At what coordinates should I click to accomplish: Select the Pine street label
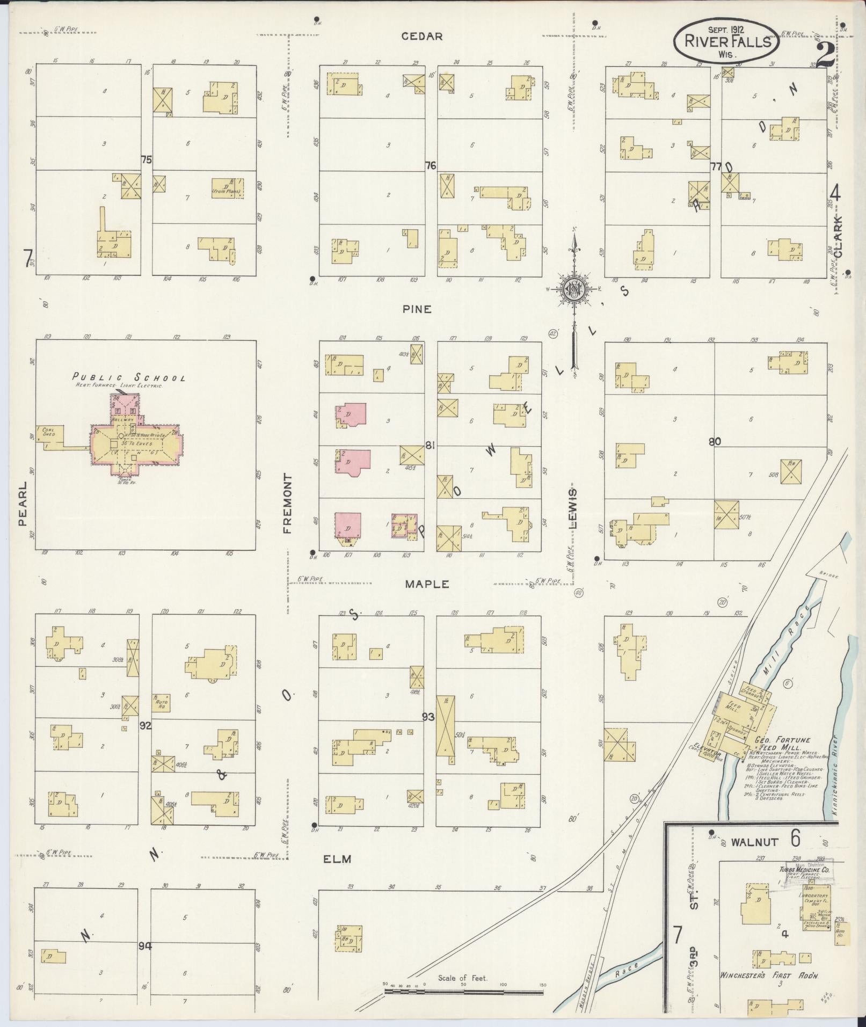(x=417, y=310)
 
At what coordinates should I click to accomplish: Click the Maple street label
(x=427, y=584)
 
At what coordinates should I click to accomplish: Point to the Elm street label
(x=338, y=859)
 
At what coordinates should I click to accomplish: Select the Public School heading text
(x=129, y=377)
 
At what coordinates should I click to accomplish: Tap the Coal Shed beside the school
(x=49, y=432)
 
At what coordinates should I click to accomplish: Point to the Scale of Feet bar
(x=464, y=992)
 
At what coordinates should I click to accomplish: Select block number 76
(x=430, y=166)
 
